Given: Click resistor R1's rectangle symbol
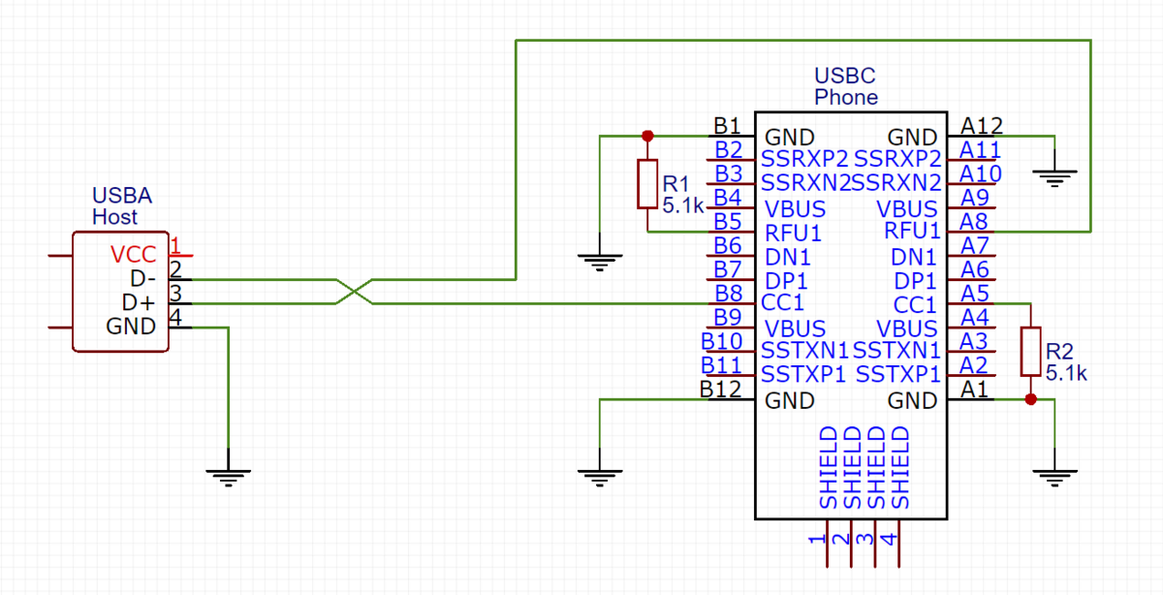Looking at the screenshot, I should tap(647, 184).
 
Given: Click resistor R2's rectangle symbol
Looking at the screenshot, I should tap(1030, 351).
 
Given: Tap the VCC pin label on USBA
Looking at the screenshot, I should tap(133, 255).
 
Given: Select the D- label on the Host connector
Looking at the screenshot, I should tap(139, 279).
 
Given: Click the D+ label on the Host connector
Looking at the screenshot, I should tap(139, 303).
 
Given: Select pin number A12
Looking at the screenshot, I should tap(981, 125).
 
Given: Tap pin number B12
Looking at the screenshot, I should tap(720, 389).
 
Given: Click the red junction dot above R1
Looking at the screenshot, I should tap(647, 136).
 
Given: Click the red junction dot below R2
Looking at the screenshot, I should tap(1030, 399).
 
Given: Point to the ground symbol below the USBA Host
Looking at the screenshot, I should tap(229, 475).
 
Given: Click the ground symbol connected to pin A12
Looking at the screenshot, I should tap(1054, 176).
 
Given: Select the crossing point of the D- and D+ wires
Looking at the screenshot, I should tap(355, 291).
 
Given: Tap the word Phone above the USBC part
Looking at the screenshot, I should tap(845, 97).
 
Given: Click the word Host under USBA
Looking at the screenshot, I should tap(114, 217).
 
